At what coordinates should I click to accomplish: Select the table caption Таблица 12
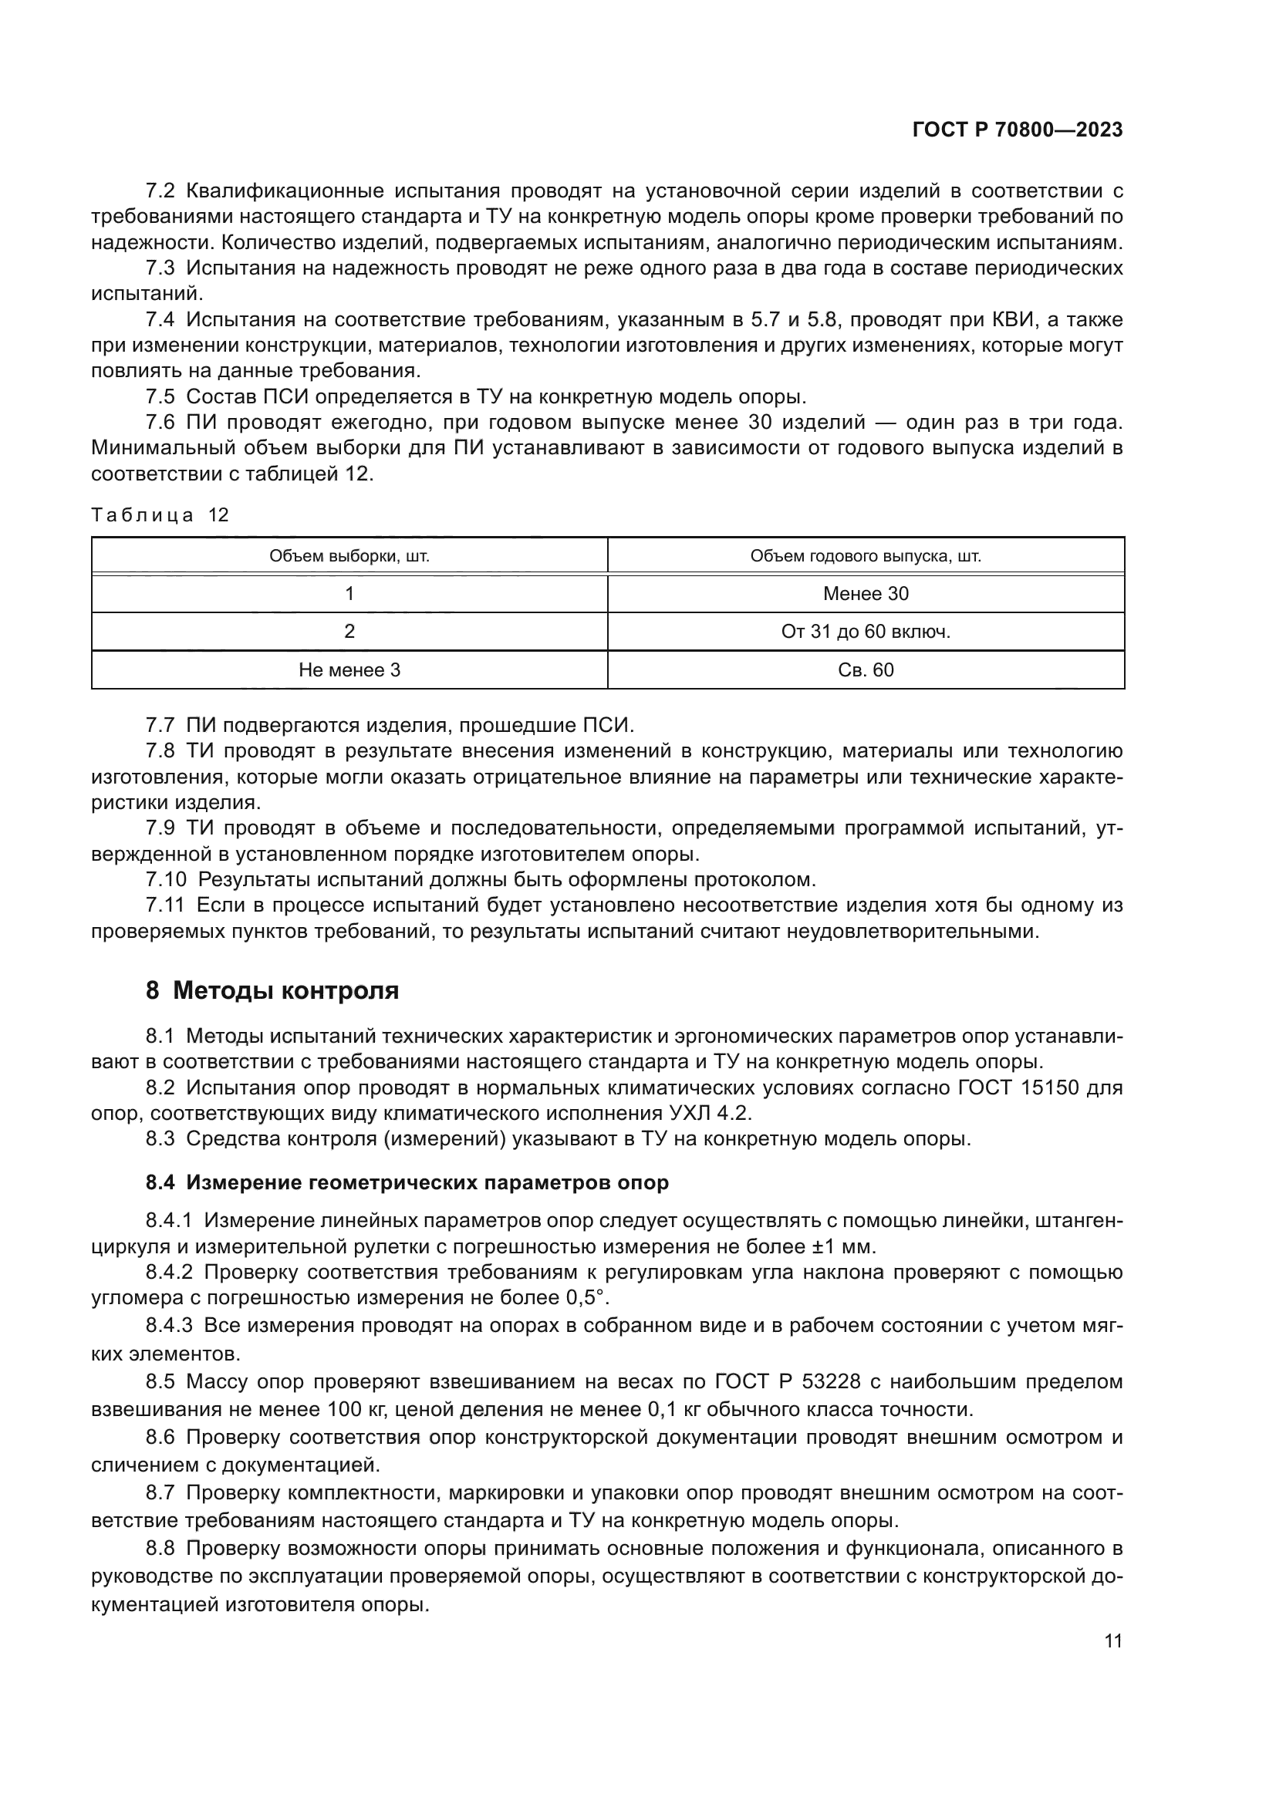[x=160, y=514]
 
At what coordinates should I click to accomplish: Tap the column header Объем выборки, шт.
[x=349, y=556]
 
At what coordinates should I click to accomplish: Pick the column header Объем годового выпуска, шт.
[x=865, y=556]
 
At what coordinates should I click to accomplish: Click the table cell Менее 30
[x=865, y=593]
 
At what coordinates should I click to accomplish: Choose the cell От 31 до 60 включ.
[x=865, y=632]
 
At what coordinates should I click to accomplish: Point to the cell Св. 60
[x=865, y=670]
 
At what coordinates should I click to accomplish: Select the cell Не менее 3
[x=349, y=670]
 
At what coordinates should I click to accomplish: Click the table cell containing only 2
[x=349, y=632]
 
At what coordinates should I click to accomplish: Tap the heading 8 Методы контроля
[x=272, y=991]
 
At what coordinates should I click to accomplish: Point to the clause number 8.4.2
[x=169, y=1272]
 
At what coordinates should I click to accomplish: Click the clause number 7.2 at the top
[x=160, y=191]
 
